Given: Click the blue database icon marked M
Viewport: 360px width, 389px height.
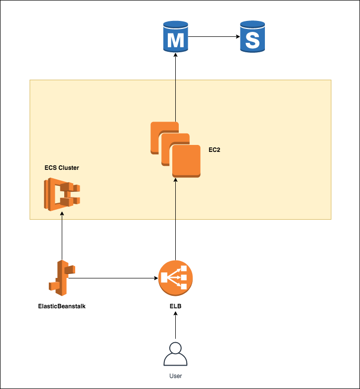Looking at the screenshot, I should click(175, 36).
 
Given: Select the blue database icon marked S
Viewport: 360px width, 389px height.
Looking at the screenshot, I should click(252, 36).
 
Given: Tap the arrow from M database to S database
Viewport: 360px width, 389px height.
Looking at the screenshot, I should click(212, 36).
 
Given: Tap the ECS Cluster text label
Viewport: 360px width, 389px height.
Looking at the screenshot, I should click(62, 168).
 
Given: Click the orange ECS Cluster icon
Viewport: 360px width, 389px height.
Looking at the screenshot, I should click(62, 194).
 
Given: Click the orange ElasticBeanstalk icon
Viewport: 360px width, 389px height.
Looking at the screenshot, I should click(62, 278).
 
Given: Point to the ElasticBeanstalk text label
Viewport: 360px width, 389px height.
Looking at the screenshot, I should click(62, 306).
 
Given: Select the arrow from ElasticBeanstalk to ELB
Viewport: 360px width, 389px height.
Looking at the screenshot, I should click(115, 278).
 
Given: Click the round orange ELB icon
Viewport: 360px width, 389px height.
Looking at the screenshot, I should click(175, 278).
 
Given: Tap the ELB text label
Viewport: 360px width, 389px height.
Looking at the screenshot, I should click(175, 306).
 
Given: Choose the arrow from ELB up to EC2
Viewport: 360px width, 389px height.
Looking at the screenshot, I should click(175, 219).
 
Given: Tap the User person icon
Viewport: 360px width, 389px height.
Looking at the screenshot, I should click(175, 354).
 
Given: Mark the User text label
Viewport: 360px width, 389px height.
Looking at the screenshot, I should click(175, 375).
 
